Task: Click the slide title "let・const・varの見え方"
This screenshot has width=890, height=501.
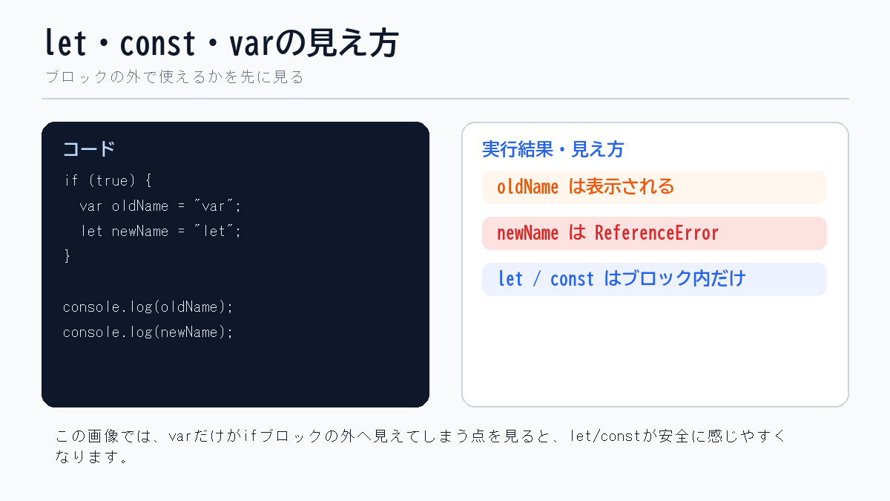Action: tap(221, 44)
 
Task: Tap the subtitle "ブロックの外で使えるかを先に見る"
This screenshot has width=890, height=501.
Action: tap(174, 77)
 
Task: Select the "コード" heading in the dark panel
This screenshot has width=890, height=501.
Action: tap(89, 148)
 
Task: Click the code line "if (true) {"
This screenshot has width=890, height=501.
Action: tap(108, 180)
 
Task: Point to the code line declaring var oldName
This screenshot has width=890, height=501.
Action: tap(160, 206)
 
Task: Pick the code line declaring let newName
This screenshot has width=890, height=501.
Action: tap(161, 231)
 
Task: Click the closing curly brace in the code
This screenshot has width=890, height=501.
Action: tap(67, 256)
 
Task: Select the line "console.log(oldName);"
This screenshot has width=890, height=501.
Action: tap(148, 307)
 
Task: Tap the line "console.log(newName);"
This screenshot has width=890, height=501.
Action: tap(148, 332)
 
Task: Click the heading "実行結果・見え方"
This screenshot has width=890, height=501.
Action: tap(553, 149)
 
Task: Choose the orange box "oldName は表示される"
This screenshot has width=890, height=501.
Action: tap(654, 187)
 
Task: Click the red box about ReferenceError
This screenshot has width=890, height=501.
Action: tap(654, 233)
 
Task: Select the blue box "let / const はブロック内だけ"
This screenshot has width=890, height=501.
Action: tap(654, 279)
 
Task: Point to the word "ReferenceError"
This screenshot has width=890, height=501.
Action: tap(656, 233)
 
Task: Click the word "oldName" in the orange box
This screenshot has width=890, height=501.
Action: tap(527, 187)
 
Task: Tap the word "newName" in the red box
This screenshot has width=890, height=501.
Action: tap(527, 233)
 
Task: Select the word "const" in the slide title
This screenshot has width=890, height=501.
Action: tap(157, 44)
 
